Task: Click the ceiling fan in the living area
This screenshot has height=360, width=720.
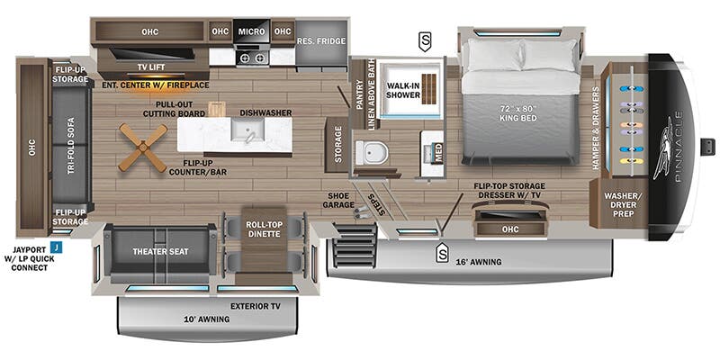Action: [x=143, y=148]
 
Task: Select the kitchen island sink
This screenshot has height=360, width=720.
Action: [x=247, y=130]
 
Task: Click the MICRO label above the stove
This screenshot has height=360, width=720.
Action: [x=251, y=31]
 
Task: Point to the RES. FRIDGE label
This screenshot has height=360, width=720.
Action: [x=321, y=41]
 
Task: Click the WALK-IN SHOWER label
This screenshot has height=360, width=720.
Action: [x=403, y=90]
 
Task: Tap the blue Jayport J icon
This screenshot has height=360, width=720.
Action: [x=57, y=248]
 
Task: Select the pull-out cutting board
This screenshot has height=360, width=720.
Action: [x=216, y=109]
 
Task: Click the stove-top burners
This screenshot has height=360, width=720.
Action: [x=252, y=58]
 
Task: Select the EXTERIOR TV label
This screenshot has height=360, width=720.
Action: [x=256, y=306]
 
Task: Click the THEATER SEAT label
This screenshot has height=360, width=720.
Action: [x=161, y=252]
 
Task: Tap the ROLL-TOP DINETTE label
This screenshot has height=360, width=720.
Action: [x=263, y=229]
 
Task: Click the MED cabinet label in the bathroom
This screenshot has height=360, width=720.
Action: [x=439, y=154]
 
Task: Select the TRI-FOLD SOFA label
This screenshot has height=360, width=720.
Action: [x=71, y=146]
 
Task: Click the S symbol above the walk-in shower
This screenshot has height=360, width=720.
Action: [x=425, y=42]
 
